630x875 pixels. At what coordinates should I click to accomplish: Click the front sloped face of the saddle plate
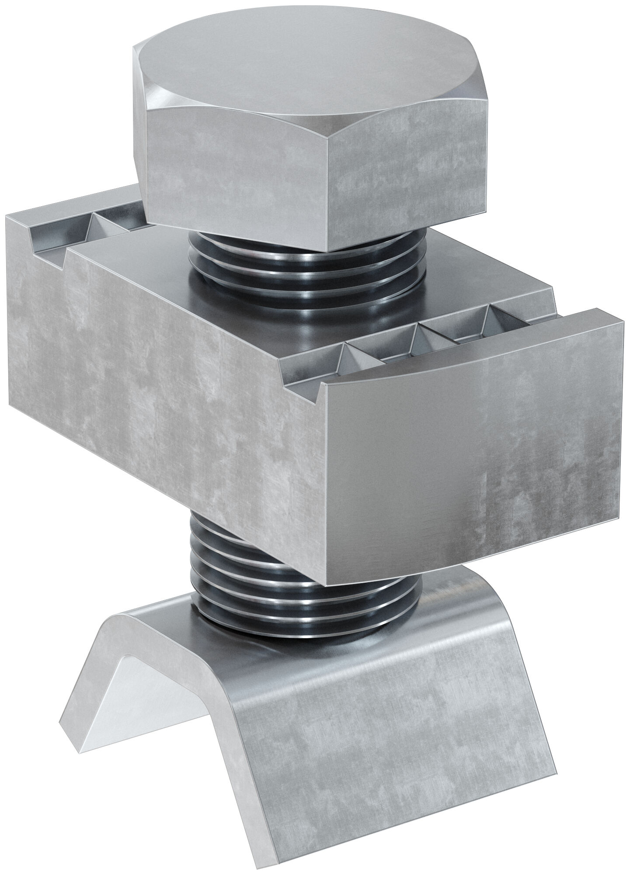tap(393, 743)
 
